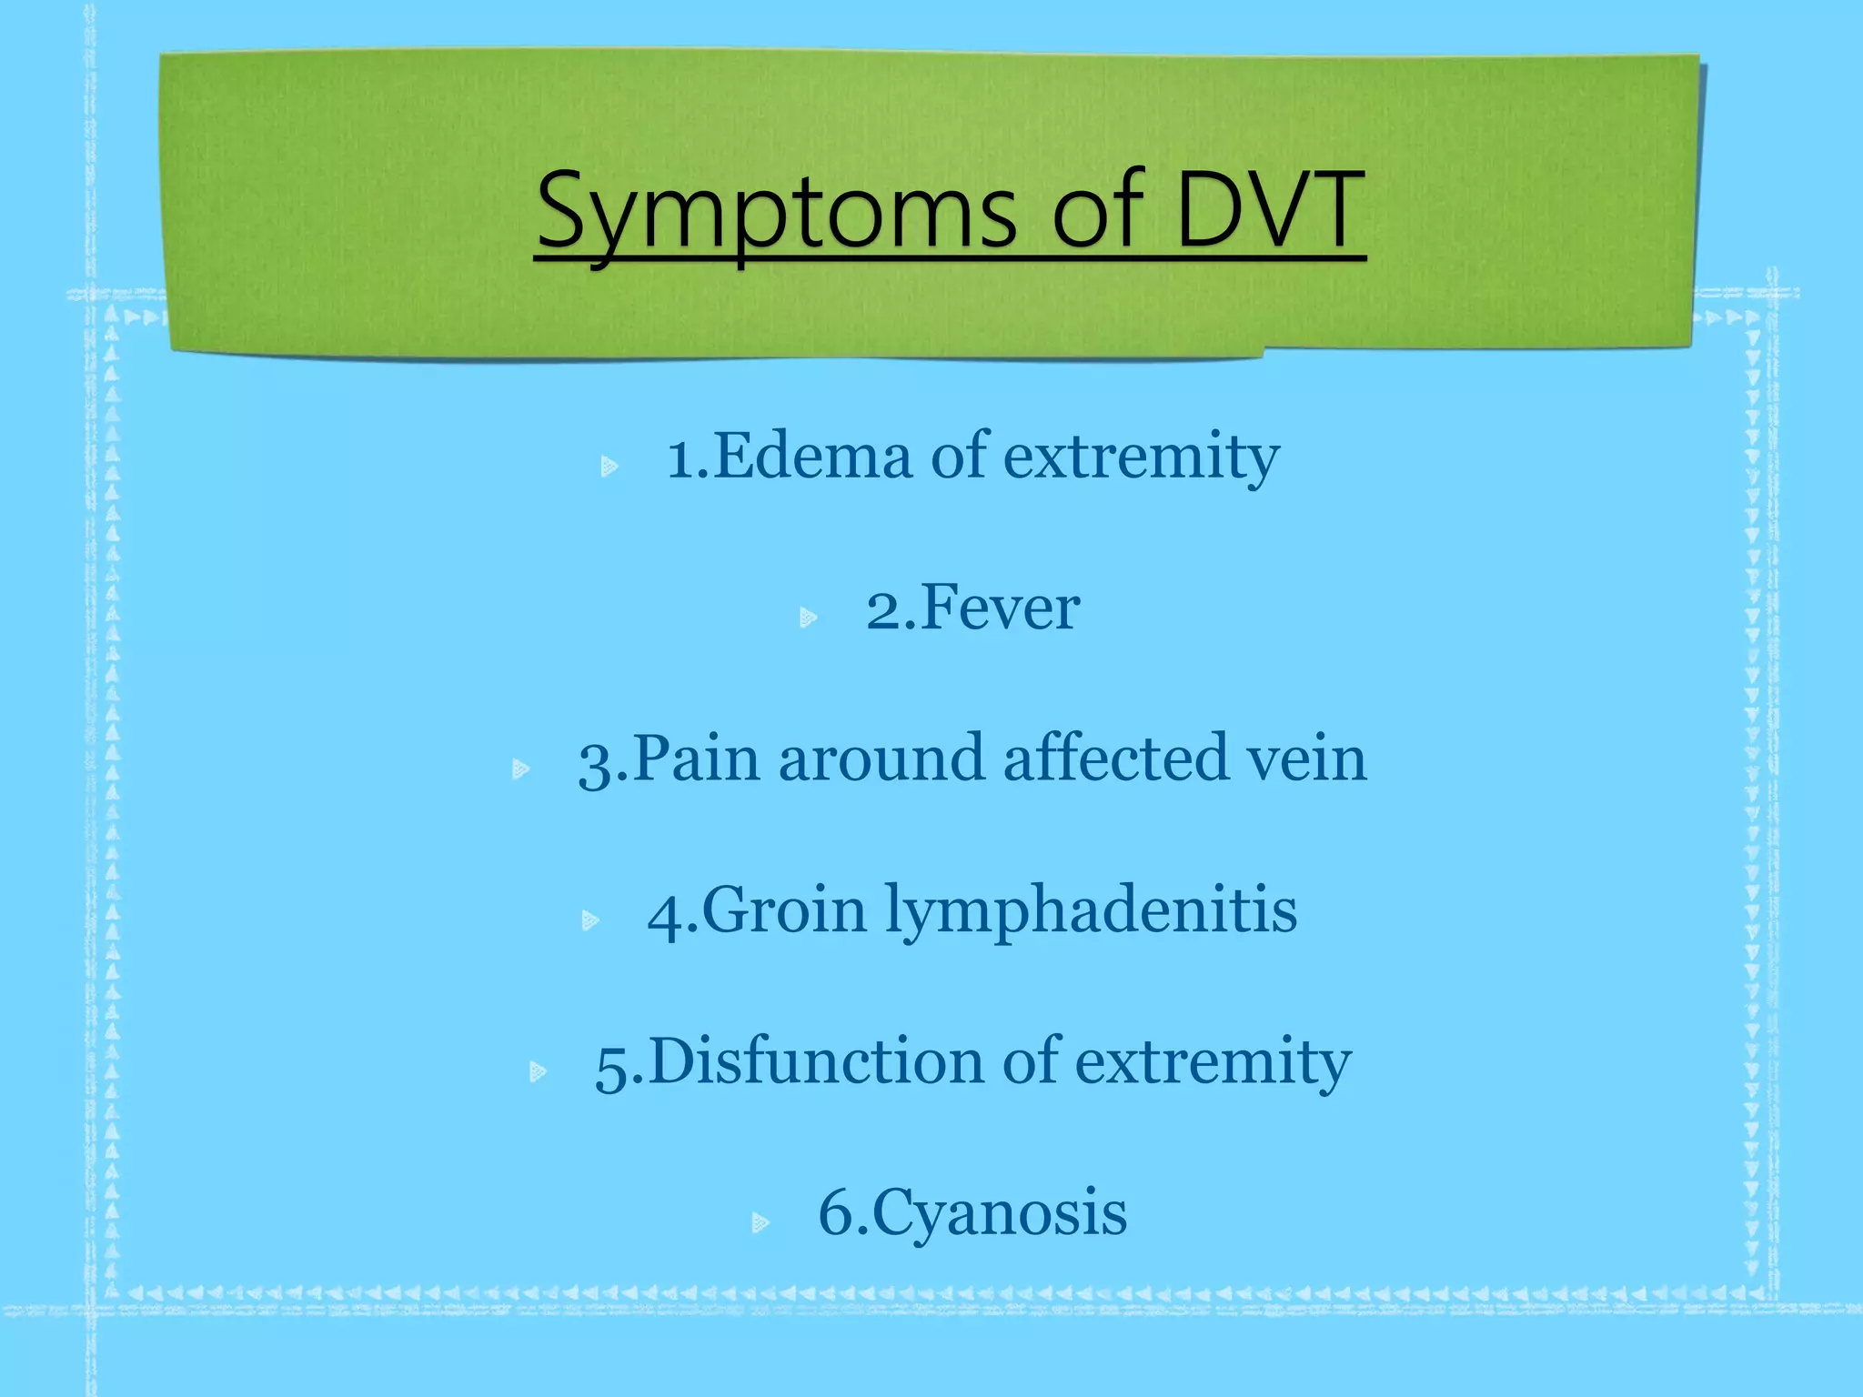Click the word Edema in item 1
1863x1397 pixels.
pyautogui.click(x=812, y=457)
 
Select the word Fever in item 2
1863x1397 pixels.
pyautogui.click(x=1000, y=608)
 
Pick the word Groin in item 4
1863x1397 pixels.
pyautogui.click(x=784, y=910)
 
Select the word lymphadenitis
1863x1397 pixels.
pyautogui.click(x=1091, y=912)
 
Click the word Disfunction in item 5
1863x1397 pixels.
pyautogui.click(x=816, y=1062)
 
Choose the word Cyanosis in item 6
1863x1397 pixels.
pyautogui.click(x=1000, y=1214)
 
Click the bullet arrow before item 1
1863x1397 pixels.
pyautogui.click(x=609, y=467)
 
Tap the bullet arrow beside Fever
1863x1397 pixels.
pyautogui.click(x=808, y=619)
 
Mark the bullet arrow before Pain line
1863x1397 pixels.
pyautogui.click(x=520, y=770)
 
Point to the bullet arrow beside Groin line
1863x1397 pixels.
pyautogui.click(x=589, y=921)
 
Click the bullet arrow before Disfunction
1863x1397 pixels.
pyautogui.click(x=538, y=1072)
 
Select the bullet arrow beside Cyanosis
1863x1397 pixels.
pyautogui.click(x=760, y=1223)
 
